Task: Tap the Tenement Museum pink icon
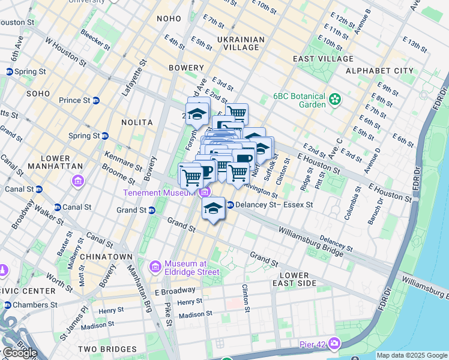coord(205,192)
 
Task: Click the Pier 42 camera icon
coord(334,344)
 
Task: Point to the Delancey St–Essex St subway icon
coord(229,205)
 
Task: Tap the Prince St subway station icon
coord(96,100)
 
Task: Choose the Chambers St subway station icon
coord(8,305)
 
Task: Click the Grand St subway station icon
coord(151,210)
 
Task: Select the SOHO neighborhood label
coord(38,94)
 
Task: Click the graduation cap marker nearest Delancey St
coord(212,208)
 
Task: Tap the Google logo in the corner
coord(20,353)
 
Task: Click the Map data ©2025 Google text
coord(412,355)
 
